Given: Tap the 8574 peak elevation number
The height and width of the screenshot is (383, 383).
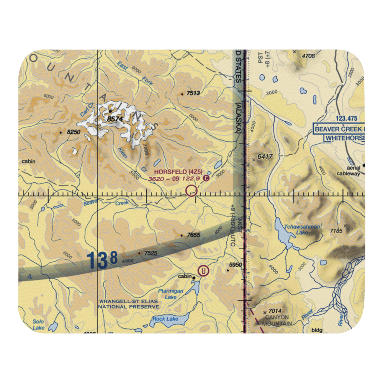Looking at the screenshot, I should point(115,119).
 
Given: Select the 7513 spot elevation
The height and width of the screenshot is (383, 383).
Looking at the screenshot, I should point(193,93).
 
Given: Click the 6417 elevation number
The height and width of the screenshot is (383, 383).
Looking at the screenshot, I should point(265,156).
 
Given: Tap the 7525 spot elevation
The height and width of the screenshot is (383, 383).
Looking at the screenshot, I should point(150,253).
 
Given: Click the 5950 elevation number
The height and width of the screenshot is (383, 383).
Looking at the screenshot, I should point(236,265).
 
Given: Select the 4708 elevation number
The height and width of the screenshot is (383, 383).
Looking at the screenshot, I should point(308,56).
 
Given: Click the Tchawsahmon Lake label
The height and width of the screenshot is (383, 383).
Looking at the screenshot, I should point(301,229).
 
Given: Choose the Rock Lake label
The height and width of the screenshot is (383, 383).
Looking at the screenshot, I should point(165,319).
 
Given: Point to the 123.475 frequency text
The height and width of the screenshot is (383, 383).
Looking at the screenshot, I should point(336,119).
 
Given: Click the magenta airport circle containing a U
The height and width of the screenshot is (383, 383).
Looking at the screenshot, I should point(203,271).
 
